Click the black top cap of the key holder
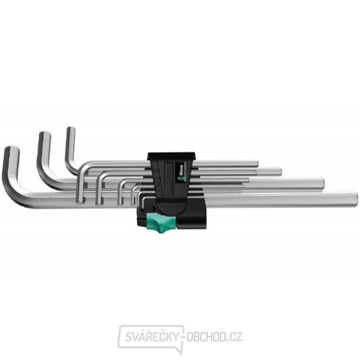pos(171,156)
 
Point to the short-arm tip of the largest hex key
pos(12,149)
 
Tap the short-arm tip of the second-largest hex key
pos(44,135)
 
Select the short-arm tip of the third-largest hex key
pos(71,130)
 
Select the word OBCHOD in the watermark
pos(208,336)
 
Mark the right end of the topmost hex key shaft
pos(257,163)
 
